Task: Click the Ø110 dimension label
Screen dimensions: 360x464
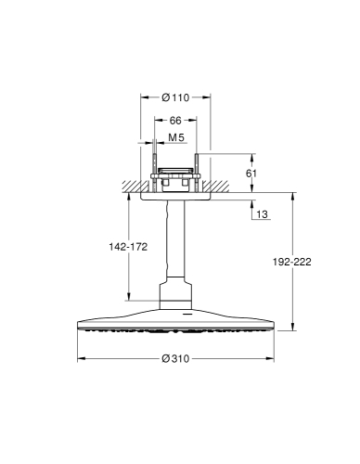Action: pos(175,97)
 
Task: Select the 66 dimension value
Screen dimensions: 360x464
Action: pos(175,121)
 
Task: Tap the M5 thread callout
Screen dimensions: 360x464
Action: pos(176,137)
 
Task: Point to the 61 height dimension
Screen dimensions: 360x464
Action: pos(251,174)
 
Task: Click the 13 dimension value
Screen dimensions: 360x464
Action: pos(262,214)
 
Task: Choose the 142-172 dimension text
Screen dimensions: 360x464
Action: pos(128,247)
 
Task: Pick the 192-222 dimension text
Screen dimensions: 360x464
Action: pos(292,262)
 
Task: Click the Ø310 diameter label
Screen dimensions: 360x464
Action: pos(175,358)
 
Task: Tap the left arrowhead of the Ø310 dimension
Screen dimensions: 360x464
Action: pos(81,358)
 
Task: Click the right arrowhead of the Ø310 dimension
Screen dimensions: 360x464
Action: pos(270,358)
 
